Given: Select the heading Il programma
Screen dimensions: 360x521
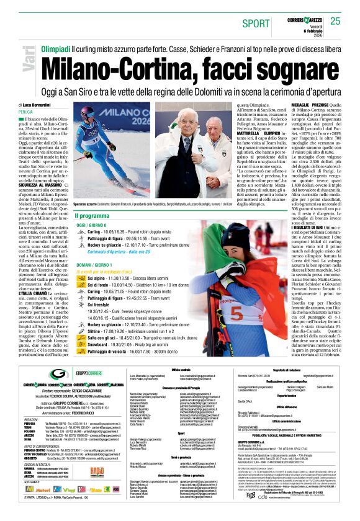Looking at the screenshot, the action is click(91, 215).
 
